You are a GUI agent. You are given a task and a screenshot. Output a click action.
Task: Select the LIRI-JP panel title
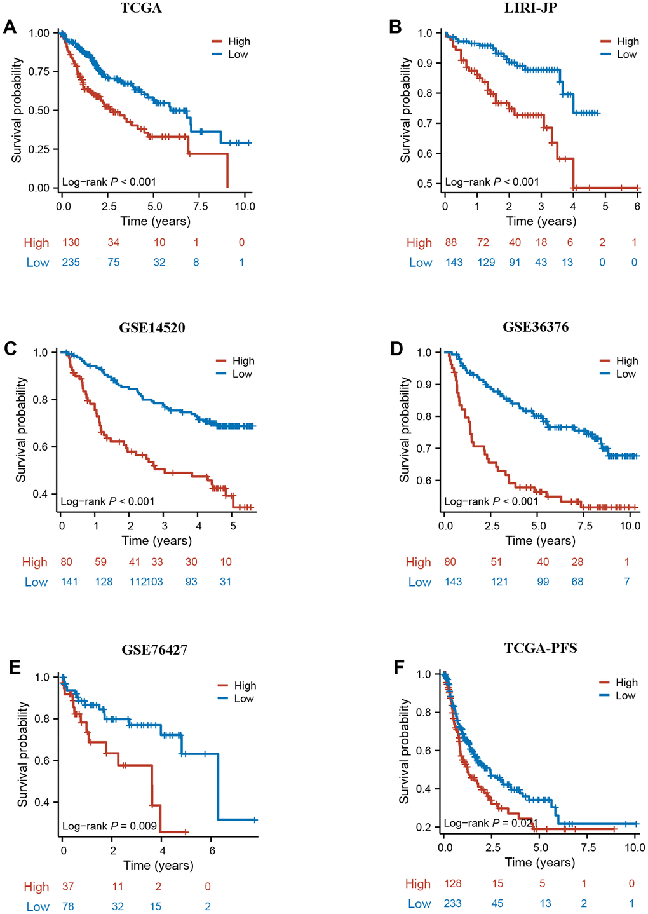(540, 8)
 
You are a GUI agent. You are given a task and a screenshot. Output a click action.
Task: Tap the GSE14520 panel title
(152, 328)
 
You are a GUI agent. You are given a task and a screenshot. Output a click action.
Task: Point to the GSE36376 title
(536, 327)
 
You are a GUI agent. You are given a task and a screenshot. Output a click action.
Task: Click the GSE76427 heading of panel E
(154, 650)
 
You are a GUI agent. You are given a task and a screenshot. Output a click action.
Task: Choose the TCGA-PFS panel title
(540, 648)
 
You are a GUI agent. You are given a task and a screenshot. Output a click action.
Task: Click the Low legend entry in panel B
(626, 55)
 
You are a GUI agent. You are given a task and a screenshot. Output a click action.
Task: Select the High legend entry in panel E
(245, 685)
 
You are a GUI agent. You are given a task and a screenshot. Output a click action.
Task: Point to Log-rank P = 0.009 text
(109, 826)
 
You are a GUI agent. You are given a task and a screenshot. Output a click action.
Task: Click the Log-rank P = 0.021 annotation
(490, 823)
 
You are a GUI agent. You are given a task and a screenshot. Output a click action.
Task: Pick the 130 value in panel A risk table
(71, 242)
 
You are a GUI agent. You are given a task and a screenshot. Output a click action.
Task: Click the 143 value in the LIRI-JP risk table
(454, 262)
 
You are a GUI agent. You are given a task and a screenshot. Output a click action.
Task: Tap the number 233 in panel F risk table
(452, 903)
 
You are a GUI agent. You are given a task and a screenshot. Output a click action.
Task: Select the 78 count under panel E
(68, 906)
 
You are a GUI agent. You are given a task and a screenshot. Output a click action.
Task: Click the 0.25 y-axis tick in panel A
(39, 149)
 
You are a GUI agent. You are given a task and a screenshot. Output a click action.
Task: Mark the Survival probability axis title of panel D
(405, 429)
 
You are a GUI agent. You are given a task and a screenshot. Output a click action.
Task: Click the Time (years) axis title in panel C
(156, 541)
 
